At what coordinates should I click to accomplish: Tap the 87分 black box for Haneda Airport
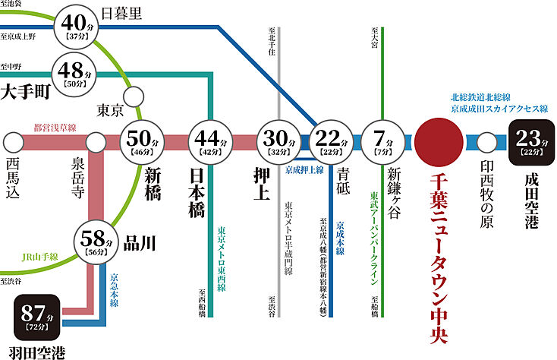[40, 317]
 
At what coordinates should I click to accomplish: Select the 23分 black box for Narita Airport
[534, 141]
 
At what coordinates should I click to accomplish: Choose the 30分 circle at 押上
[278, 141]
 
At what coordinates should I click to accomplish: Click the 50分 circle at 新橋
[142, 141]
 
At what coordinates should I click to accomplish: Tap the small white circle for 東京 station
[135, 96]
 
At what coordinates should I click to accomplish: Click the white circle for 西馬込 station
[13, 141]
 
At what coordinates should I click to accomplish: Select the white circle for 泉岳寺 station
[96, 141]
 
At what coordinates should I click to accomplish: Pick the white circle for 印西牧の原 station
[487, 141]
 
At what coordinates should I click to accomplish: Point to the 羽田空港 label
[37, 352]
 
